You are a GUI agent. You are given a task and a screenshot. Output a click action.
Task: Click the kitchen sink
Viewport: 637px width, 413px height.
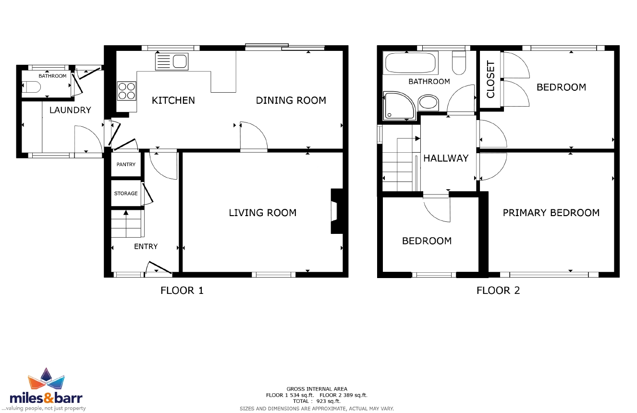click(x=172, y=61)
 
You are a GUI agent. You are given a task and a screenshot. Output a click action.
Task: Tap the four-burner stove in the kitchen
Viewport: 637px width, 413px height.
click(x=126, y=91)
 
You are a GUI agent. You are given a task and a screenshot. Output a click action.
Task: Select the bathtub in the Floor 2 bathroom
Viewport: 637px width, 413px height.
click(x=410, y=63)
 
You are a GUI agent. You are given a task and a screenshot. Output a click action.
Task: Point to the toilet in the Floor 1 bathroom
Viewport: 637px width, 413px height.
click(x=31, y=87)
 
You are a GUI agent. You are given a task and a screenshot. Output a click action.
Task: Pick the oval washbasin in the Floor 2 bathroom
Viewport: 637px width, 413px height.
click(x=428, y=102)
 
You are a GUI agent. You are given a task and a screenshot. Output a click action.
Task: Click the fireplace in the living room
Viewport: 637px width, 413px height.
click(x=337, y=211)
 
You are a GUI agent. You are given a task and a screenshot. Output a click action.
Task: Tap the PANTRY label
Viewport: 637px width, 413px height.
click(x=126, y=164)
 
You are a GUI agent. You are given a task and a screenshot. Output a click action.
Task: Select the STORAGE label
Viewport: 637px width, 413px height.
click(x=126, y=194)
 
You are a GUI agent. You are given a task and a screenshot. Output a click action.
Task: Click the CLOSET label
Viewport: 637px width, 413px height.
click(x=491, y=79)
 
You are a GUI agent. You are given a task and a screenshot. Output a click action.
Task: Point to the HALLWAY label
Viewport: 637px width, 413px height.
click(x=446, y=158)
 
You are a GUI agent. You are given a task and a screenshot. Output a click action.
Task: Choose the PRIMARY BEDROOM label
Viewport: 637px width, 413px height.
click(x=551, y=213)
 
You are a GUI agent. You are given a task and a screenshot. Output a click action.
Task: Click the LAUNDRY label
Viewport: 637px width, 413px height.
click(x=70, y=110)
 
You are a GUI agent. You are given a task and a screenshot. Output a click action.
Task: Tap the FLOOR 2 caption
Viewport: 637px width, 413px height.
click(x=498, y=291)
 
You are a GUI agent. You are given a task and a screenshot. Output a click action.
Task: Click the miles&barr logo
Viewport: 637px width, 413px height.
click(x=46, y=389)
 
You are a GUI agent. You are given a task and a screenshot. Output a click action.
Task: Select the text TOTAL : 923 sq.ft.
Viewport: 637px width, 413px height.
click(x=317, y=401)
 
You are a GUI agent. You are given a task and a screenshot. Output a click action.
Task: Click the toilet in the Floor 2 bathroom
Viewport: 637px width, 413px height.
click(x=459, y=63)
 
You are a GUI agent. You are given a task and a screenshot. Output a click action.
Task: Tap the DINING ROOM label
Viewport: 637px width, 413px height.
click(x=291, y=100)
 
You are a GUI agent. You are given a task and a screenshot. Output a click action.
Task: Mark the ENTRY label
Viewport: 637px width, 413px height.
click(x=146, y=246)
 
